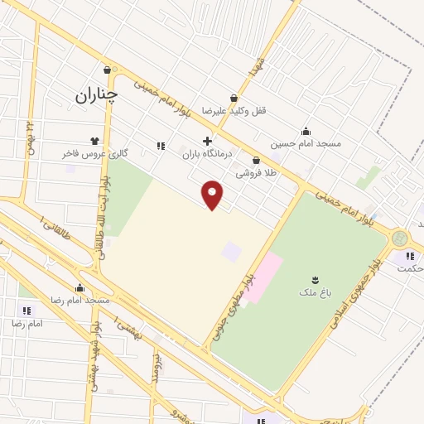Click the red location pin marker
pyautogui.click(x=213, y=195)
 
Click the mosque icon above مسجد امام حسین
pyautogui.click(x=306, y=130)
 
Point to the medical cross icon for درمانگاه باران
pyautogui.click(x=207, y=141)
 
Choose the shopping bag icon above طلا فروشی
pyautogui.click(x=256, y=160)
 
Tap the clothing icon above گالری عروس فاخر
pyautogui.click(x=94, y=141)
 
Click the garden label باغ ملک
pyautogui.click(x=314, y=292)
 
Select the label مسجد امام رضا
pyautogui.click(x=80, y=300)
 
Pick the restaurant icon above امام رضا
pyautogui.click(x=26, y=310)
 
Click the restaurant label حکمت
pyautogui.click(x=411, y=268)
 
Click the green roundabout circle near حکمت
pyautogui.click(x=401, y=238)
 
